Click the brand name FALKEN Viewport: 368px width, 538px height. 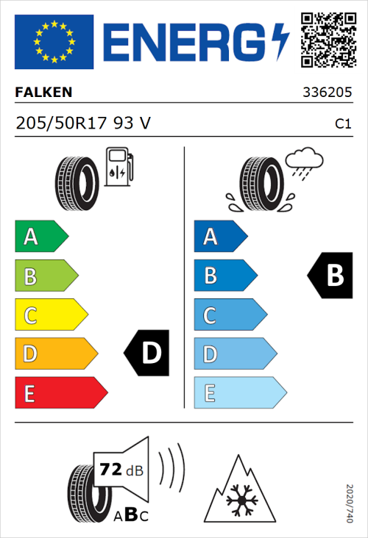tap(44, 93)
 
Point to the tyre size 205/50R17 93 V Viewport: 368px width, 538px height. tap(83, 124)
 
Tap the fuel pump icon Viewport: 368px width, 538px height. tap(118, 167)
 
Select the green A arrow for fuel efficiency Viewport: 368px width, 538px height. tap(40, 237)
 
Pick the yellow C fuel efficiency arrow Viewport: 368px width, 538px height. tap(50, 315)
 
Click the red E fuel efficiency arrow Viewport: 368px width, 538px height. tap(60, 392)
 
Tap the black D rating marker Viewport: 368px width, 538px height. tap(147, 354)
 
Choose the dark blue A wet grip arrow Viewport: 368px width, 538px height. tap(220, 237)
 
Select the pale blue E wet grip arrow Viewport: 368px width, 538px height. tap(239, 392)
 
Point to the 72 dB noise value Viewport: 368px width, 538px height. tap(121, 468)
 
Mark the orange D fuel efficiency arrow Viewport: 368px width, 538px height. tap(55, 354)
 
